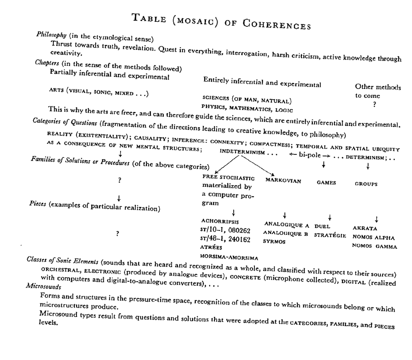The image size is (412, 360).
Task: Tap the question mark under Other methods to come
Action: pyautogui.click(x=375, y=105)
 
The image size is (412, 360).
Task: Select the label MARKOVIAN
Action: pyautogui.click(x=283, y=181)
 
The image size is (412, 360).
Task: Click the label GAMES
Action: pyautogui.click(x=326, y=182)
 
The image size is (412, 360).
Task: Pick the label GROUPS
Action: pyautogui.click(x=366, y=183)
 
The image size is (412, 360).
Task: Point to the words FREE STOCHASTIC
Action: pyautogui.click(x=228, y=178)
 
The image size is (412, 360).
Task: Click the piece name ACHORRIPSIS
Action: pyautogui.click(x=220, y=221)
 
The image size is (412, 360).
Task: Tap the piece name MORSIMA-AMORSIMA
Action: pyautogui.click(x=230, y=257)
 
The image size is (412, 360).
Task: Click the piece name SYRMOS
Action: pyautogui.click(x=273, y=241)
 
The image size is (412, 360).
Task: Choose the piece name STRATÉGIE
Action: pyautogui.click(x=330, y=235)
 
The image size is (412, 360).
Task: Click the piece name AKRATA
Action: pyautogui.click(x=365, y=228)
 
